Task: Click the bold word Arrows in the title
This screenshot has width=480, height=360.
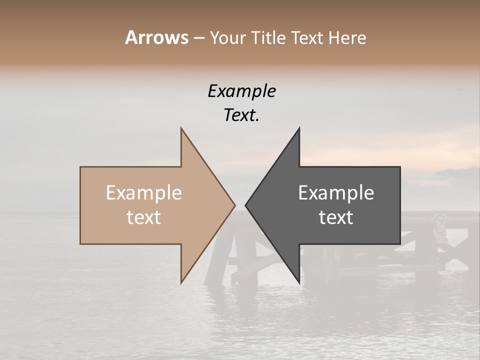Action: tap(156, 37)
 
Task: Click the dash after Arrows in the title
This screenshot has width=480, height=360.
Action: tap(198, 38)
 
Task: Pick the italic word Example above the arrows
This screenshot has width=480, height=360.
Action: tap(241, 91)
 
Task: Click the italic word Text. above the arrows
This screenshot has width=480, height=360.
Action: tap(241, 115)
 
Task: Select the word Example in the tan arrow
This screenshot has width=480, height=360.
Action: tap(144, 192)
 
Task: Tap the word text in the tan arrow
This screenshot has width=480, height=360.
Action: tap(144, 217)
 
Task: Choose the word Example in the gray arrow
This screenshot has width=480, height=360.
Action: tap(336, 192)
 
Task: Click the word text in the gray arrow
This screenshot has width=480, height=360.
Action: tap(336, 217)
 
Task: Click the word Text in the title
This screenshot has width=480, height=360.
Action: tap(306, 37)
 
